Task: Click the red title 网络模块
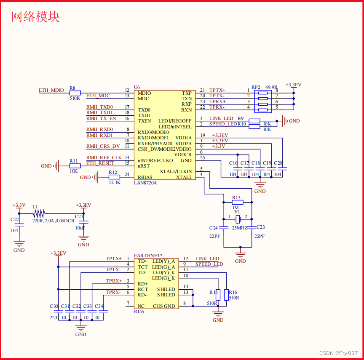tap(35, 16)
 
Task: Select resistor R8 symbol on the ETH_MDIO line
tap(75, 93)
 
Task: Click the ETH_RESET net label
tap(100, 163)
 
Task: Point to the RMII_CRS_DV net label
tap(103, 146)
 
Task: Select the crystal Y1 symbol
tap(238, 219)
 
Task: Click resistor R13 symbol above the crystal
tap(238, 202)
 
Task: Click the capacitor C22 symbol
tap(19, 224)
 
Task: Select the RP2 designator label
tap(256, 87)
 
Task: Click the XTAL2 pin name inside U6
tap(184, 177)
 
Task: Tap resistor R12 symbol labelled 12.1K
tap(115, 177)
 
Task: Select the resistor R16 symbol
tap(226, 294)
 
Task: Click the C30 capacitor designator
tap(54, 306)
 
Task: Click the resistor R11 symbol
tap(75, 166)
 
